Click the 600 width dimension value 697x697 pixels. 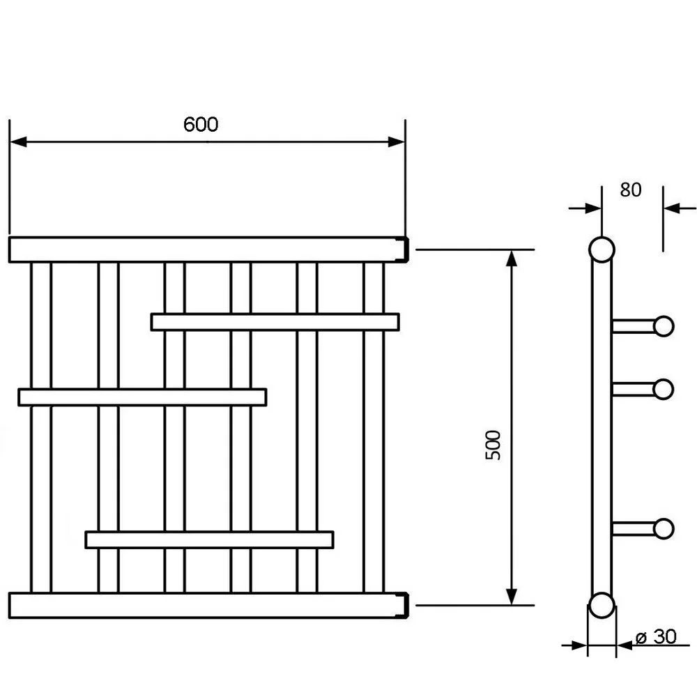[x=201, y=124]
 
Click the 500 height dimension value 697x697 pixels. [x=493, y=445]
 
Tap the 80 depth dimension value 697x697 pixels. [x=630, y=190]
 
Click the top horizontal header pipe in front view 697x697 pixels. [x=206, y=250]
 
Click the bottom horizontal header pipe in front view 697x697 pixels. [x=206, y=605]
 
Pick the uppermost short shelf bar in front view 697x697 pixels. [x=275, y=322]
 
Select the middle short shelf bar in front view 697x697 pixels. [x=142, y=397]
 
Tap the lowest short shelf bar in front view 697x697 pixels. [x=209, y=539]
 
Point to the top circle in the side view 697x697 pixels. [x=602, y=250]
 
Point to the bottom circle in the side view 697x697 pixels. [x=602, y=606]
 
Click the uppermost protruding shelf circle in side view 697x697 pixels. [x=664, y=325]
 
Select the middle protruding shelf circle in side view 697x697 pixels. [x=664, y=389]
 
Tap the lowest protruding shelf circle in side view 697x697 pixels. [x=664, y=528]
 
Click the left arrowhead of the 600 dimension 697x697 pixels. [x=18, y=142]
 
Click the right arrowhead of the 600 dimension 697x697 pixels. [x=397, y=142]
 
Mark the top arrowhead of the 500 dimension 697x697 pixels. [x=512, y=257]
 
